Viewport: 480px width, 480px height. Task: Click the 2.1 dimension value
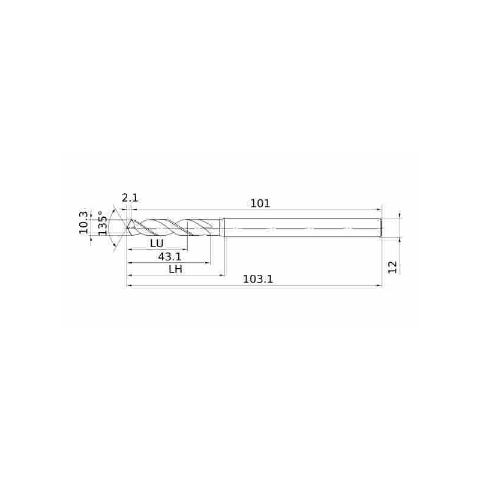[130, 198]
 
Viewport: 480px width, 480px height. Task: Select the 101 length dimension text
[260, 203]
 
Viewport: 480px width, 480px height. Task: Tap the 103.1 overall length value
[258, 279]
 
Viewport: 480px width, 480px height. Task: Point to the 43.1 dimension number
[170, 256]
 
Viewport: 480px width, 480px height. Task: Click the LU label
[157, 244]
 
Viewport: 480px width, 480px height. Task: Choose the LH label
[176, 269]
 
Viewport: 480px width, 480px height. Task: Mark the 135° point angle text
[103, 223]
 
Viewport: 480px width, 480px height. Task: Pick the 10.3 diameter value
[83, 223]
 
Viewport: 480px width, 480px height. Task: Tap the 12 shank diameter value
[392, 267]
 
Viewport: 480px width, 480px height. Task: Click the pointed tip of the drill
[127, 228]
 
